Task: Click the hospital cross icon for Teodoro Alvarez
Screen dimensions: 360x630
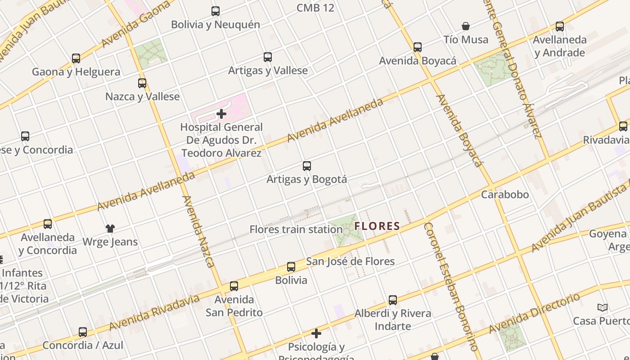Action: [x=221, y=114]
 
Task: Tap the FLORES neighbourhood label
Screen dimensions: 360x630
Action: [x=377, y=226]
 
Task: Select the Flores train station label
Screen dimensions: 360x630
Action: [x=296, y=229]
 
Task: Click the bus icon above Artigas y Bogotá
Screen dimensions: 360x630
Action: [x=307, y=166]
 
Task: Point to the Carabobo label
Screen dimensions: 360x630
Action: [x=505, y=195]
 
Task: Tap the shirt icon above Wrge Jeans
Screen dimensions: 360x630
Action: [x=110, y=229]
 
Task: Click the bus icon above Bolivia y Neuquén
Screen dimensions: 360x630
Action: [x=216, y=11]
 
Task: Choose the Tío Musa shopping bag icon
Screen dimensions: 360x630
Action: [x=466, y=27]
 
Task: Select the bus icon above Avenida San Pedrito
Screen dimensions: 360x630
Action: [x=234, y=286]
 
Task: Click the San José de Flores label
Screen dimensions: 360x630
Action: [x=350, y=261]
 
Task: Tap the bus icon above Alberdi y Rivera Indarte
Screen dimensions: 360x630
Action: [x=393, y=300]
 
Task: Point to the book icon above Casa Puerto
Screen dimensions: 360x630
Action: [x=603, y=308]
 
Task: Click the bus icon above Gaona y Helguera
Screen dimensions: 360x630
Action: [x=76, y=58]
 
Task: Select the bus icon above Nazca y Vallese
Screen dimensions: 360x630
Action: [x=142, y=83]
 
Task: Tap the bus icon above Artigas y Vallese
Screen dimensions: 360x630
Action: [x=268, y=57]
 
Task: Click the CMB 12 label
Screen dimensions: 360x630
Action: [x=315, y=8]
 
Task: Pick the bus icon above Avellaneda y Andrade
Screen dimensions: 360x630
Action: [x=560, y=27]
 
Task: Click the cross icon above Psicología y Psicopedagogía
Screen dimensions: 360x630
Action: [x=316, y=333]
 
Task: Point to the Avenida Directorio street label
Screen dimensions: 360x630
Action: [x=535, y=314]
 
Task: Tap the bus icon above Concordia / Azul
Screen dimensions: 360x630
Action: [x=83, y=332]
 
